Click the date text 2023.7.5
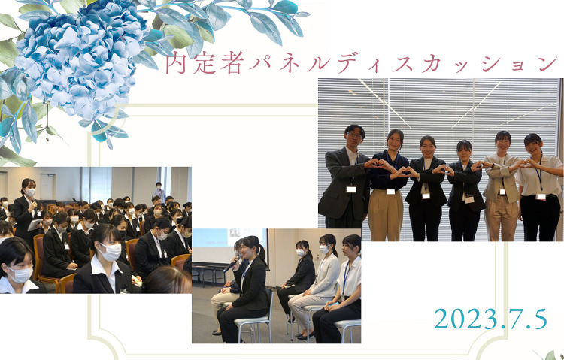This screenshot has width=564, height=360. pyautogui.click(x=490, y=319)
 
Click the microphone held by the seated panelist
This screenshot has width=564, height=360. pyautogui.click(x=229, y=266)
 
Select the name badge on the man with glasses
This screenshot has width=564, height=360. pyautogui.click(x=351, y=189)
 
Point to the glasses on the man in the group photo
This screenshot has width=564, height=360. pyautogui.click(x=354, y=135)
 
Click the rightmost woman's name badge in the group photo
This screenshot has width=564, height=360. pyautogui.click(x=541, y=196)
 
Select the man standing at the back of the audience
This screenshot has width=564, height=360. pyautogui.click(x=159, y=192)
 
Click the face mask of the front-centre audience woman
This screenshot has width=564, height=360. pyautogui.click(x=110, y=252)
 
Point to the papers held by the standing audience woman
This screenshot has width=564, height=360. pyautogui.click(x=35, y=225)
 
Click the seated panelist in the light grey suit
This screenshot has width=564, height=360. pyautogui.click(x=317, y=280)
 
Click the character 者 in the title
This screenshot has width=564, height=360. pyautogui.click(x=229, y=63)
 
